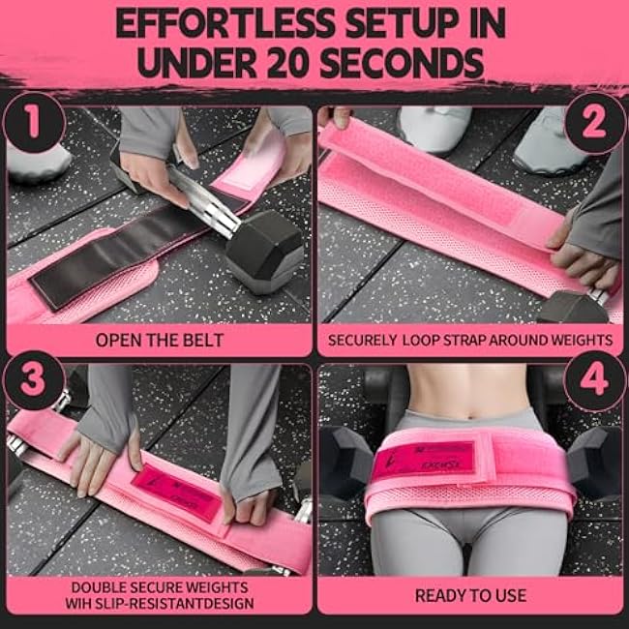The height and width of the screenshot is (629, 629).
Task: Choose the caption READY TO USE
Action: [471, 594]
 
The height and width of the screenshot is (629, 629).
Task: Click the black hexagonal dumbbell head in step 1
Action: [262, 250]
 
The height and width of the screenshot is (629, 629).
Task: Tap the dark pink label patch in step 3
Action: [174, 494]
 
